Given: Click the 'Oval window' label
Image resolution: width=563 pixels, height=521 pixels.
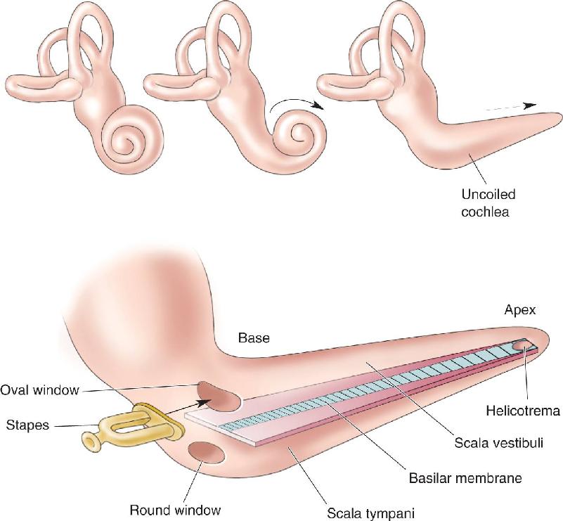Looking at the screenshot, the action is point(39,390).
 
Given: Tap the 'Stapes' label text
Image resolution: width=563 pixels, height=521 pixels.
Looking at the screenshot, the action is point(27,425).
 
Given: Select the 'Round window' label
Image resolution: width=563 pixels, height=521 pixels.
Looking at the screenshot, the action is point(175,510).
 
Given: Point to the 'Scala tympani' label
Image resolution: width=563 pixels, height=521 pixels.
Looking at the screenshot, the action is point(370,513).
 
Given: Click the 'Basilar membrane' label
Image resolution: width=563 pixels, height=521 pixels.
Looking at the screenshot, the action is point(465,478).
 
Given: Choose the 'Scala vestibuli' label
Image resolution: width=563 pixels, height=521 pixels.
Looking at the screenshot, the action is point(499,443).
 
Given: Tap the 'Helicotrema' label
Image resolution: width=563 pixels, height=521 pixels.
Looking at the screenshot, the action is point(523,411).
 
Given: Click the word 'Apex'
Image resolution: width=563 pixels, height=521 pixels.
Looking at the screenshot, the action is point(520,310).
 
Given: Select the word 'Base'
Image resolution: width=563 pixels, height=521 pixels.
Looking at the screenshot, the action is point(254,338).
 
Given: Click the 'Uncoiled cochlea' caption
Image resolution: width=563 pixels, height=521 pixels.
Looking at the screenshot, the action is point(488,203).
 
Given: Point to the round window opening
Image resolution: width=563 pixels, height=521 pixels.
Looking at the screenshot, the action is point(207,453).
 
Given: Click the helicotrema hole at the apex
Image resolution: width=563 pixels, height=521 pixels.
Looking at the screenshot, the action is point(522,347).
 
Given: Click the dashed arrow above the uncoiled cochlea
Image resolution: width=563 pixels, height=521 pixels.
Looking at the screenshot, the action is point(510,107).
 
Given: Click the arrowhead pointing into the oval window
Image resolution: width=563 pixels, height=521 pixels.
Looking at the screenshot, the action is point(202,401).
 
